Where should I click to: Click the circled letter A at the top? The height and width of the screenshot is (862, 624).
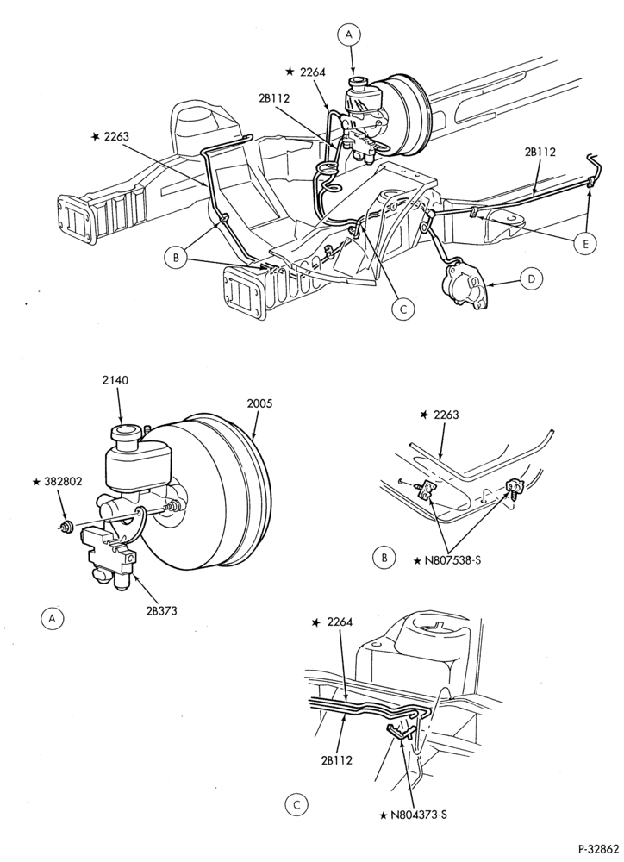pyautogui.click(x=348, y=35)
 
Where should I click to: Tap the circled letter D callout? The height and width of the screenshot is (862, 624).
pyautogui.click(x=531, y=279)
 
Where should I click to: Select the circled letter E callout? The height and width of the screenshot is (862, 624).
pyautogui.click(x=584, y=244)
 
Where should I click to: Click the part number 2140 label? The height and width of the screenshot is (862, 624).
pyautogui.click(x=115, y=379)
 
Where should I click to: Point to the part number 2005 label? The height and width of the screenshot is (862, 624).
pyautogui.click(x=259, y=403)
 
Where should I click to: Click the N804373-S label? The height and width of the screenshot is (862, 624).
pyautogui.click(x=413, y=815)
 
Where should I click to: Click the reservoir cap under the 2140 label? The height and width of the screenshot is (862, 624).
pyautogui.click(x=125, y=434)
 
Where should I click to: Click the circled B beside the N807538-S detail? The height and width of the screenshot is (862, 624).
pyautogui.click(x=384, y=558)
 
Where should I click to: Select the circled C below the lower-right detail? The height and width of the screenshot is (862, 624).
pyautogui.click(x=296, y=806)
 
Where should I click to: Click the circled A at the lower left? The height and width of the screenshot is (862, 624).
pyautogui.click(x=53, y=618)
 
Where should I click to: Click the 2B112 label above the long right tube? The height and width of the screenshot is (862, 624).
pyautogui.click(x=540, y=152)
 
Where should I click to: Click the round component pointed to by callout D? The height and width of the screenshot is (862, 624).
pyautogui.click(x=465, y=286)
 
